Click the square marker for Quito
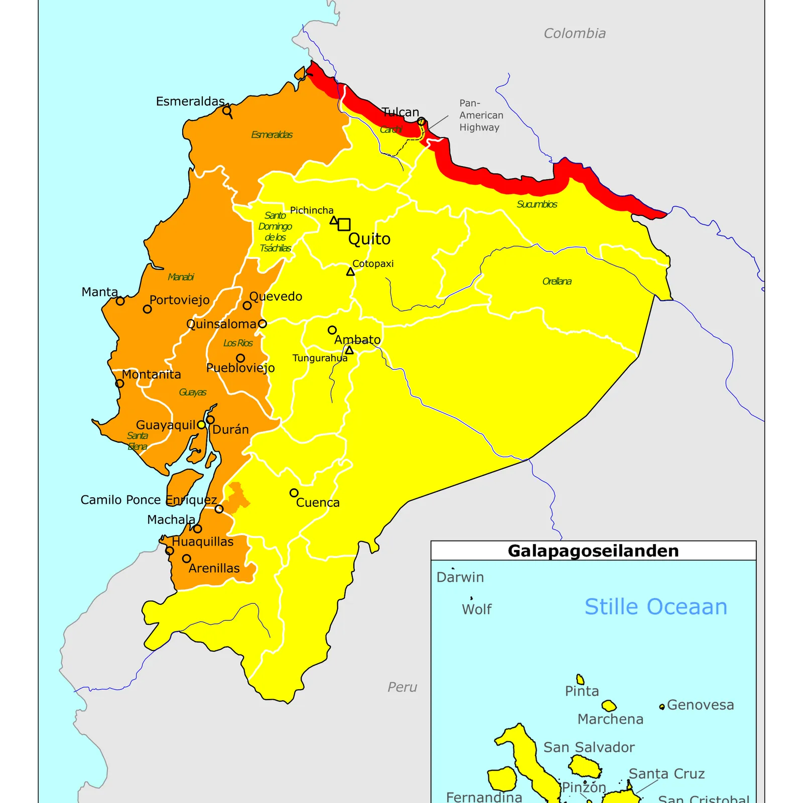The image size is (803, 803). [344, 224]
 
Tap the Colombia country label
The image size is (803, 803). [575, 34]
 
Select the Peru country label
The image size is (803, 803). [402, 687]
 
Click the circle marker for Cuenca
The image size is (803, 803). [294, 493]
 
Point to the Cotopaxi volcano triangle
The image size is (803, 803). [350, 272]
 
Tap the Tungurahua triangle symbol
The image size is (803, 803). [349, 350]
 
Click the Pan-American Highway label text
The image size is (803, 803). [481, 115]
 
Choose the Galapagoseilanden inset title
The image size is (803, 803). [593, 551]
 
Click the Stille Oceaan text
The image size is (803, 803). [655, 607]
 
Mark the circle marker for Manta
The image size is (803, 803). [120, 301]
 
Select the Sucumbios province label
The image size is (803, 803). [537, 204]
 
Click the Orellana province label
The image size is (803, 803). [557, 282]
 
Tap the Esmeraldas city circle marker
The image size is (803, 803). [227, 110]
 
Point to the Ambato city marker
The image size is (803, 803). [332, 330]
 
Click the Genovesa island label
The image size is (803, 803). [700, 705]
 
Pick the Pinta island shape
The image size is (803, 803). [580, 680]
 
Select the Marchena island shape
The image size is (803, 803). [609, 706]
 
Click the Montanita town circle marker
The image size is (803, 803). [119, 383]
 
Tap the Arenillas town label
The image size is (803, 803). [214, 569]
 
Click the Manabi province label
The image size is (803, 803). [181, 277]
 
